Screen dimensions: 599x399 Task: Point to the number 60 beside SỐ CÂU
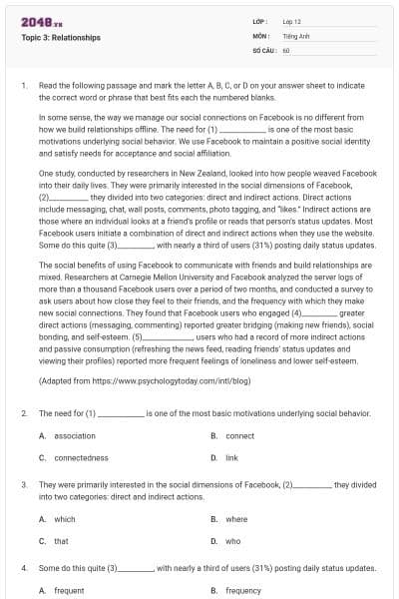pos(286,49)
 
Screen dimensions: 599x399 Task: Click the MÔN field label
pos(261,35)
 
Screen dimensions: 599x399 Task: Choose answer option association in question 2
pos(75,436)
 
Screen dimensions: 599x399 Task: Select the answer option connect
pos(239,436)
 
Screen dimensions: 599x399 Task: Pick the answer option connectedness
pos(81,457)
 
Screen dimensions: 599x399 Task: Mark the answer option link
pos(231,457)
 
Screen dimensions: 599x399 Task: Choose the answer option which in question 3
pos(65,519)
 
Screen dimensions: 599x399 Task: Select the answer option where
pos(236,519)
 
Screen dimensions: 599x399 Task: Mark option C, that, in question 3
pos(61,540)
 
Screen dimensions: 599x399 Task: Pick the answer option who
pos(232,540)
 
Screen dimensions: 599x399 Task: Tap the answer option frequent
pos(69,590)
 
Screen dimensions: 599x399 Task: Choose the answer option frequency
pos(242,590)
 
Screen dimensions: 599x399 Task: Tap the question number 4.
pos(24,567)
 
